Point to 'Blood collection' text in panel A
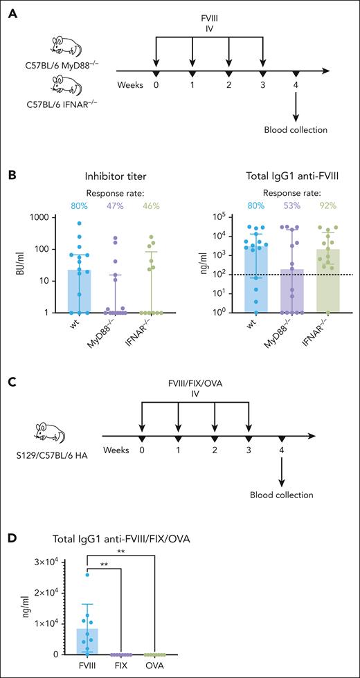point(296,129)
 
